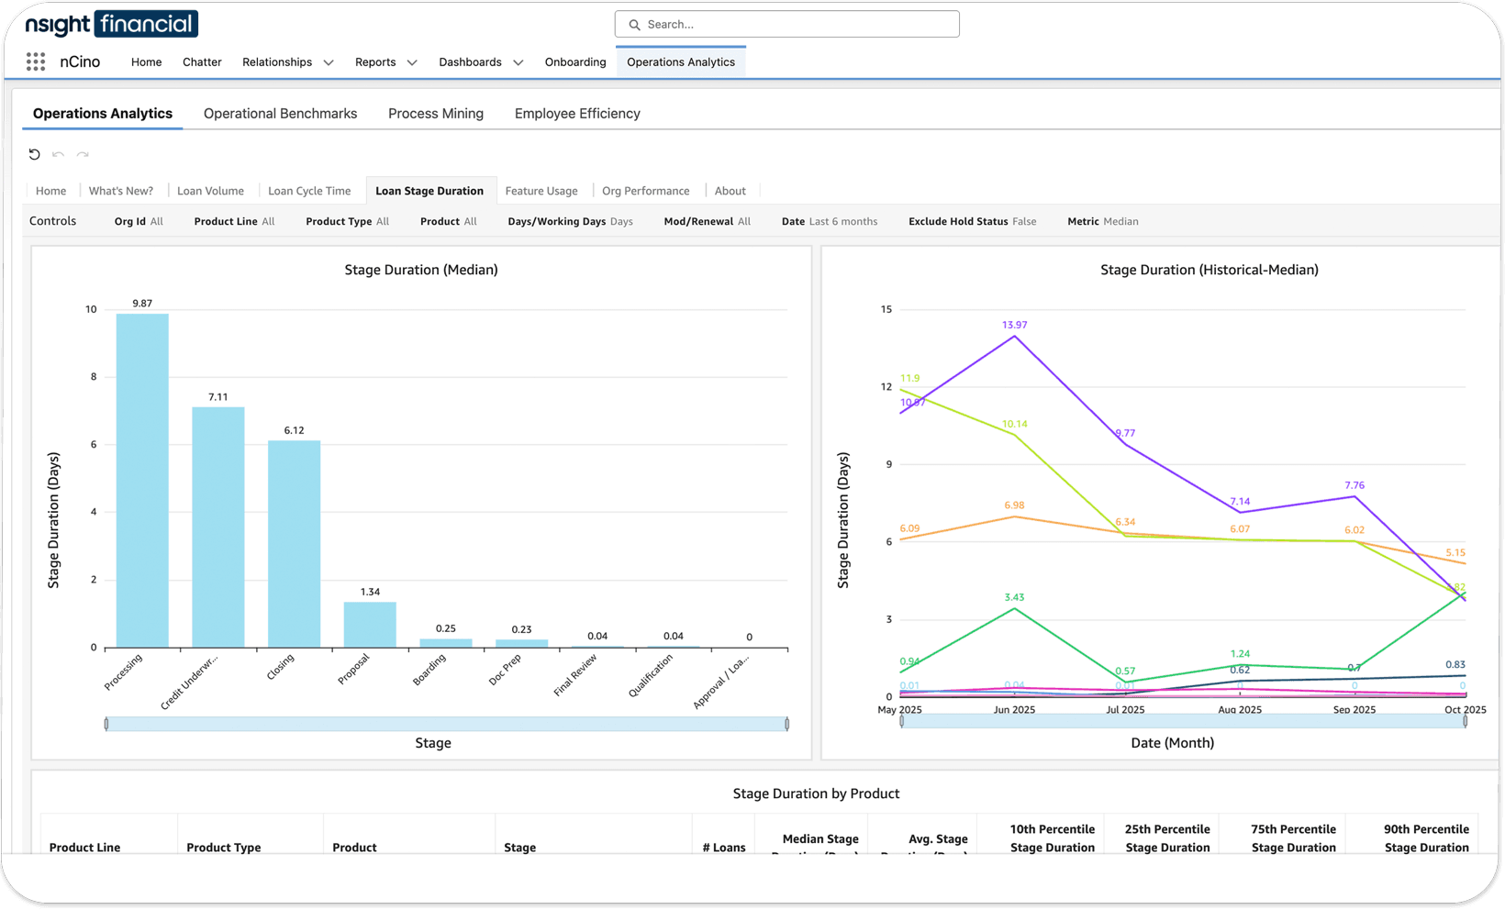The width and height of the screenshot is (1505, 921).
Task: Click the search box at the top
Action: (787, 25)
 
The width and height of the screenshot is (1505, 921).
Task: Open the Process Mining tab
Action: (435, 114)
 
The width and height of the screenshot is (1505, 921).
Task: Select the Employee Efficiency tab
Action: (577, 114)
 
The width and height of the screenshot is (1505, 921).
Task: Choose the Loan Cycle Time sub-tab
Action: (309, 191)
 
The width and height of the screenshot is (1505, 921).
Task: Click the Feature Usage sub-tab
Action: (541, 191)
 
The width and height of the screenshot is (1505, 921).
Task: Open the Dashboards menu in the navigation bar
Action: (480, 62)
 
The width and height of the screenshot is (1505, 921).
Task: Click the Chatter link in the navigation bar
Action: (202, 62)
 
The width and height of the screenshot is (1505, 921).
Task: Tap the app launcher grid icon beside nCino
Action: (36, 61)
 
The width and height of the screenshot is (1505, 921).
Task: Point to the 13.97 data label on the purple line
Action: (1014, 325)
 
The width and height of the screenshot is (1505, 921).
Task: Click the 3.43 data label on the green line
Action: (1014, 597)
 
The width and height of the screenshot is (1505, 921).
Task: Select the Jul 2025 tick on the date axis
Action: (1125, 709)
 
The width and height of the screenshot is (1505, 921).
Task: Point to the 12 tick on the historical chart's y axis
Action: (886, 386)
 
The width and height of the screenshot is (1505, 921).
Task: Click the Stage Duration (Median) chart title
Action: (421, 270)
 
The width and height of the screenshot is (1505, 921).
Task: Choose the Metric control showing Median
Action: (1102, 221)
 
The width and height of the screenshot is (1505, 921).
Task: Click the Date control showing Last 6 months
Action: (829, 221)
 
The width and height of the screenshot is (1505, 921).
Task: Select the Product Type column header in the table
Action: (224, 847)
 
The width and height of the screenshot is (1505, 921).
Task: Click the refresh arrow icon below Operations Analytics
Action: (34, 154)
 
